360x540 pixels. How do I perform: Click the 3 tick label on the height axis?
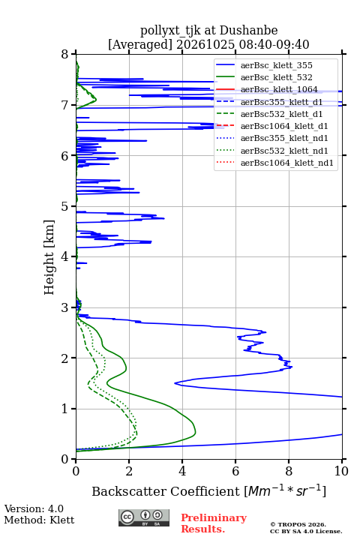pos(64,307)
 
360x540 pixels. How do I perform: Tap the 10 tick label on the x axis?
pos(341,471)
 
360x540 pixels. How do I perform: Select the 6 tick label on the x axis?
pos(235,471)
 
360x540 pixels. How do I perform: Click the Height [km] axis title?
pos(49,257)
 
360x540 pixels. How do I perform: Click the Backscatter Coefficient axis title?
pos(209,490)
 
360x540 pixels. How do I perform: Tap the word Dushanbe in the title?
pos(249,31)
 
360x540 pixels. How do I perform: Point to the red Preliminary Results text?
pos(214,523)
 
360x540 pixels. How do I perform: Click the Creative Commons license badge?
pos(144,518)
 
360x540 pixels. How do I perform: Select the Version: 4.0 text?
pos(34,508)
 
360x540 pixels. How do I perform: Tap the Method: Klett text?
pos(39,520)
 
